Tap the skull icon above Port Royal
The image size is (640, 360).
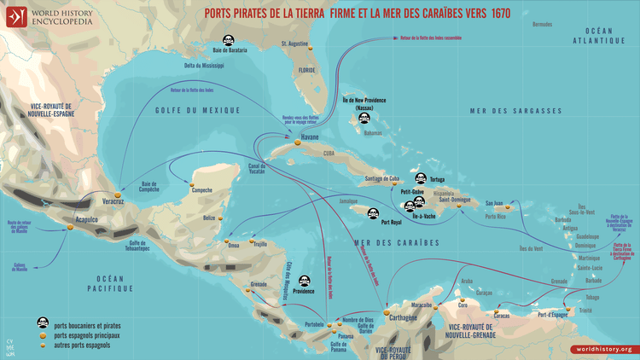tap(373, 213)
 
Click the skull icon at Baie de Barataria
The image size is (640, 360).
tap(229, 40)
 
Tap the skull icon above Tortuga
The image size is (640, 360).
tap(420, 178)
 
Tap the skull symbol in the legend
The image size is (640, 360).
tap(40, 323)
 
